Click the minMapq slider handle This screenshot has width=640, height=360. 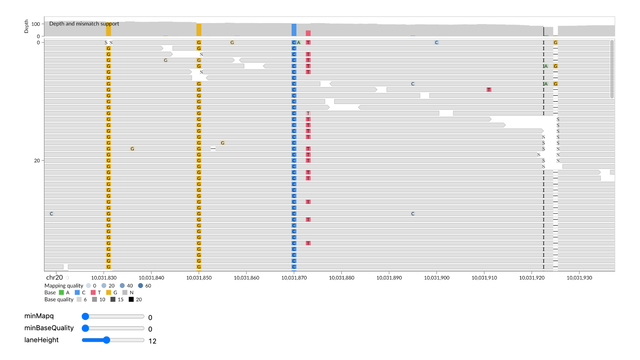[x=85, y=316]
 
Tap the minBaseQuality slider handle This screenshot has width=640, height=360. [x=85, y=328]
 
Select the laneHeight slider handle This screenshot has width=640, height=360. [x=107, y=340]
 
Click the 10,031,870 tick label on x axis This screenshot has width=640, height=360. [x=294, y=278]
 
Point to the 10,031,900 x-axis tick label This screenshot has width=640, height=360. [x=436, y=278]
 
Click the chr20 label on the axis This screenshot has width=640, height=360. [x=54, y=277]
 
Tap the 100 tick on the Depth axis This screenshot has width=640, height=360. [x=36, y=24]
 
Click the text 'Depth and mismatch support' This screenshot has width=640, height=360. [x=84, y=24]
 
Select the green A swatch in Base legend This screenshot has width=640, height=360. [x=61, y=292]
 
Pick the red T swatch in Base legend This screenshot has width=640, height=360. [x=93, y=292]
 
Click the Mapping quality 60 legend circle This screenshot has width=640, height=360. [x=140, y=286]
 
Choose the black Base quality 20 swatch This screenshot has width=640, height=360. [x=131, y=300]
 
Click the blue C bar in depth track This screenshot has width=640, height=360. [x=294, y=30]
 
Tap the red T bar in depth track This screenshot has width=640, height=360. [x=308, y=33]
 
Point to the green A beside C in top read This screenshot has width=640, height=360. [x=299, y=43]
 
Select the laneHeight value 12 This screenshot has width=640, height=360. [x=152, y=341]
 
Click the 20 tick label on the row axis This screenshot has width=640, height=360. [x=37, y=160]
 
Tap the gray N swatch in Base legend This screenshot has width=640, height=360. [x=125, y=292]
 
